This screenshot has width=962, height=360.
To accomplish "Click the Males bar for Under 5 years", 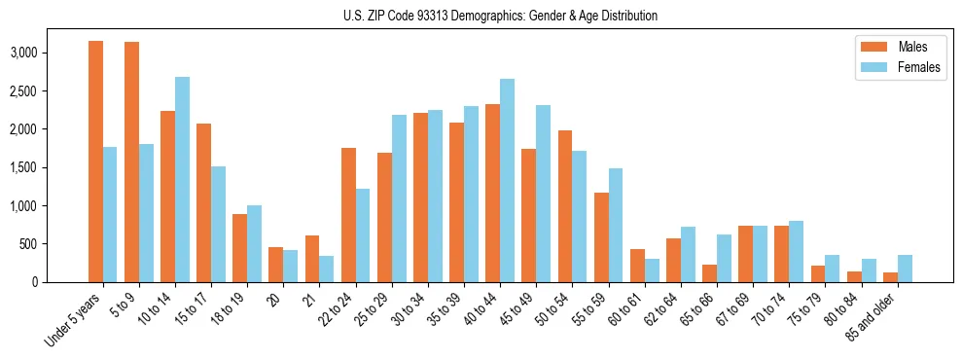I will click(95, 162).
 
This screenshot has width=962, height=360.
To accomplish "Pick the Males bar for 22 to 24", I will click(348, 215).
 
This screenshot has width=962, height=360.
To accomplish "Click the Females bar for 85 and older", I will click(905, 269).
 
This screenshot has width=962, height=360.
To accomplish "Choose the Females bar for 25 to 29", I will click(399, 198).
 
